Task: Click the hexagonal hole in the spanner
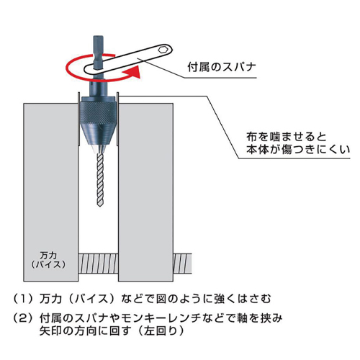[163, 49]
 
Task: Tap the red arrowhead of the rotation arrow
[132, 72]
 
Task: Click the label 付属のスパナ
[222, 67]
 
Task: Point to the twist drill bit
[99, 179]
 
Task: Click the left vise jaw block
[51, 192]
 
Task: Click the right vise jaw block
[145, 192]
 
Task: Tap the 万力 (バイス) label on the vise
[48, 260]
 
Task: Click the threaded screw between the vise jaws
[98, 264]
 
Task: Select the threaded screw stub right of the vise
[182, 264]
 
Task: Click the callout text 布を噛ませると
[286, 137]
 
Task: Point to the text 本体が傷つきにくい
[298, 149]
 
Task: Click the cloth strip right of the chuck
[117, 120]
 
